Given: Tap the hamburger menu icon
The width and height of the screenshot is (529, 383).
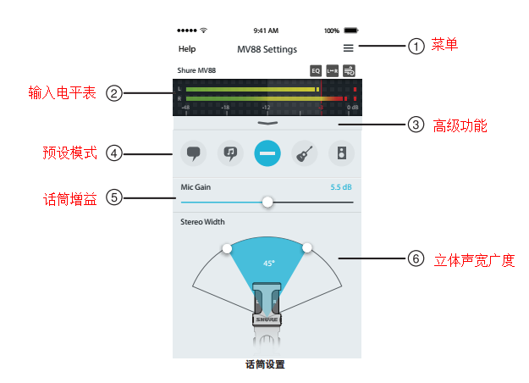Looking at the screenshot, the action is [348, 48].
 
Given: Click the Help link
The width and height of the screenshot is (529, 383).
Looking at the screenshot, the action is [187, 49].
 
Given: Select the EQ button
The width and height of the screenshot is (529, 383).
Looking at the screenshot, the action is [316, 71].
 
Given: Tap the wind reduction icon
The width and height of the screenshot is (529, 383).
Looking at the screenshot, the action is [350, 71].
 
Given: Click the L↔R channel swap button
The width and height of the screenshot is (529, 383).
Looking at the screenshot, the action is [333, 71].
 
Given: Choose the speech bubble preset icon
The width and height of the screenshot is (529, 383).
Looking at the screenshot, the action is [193, 153].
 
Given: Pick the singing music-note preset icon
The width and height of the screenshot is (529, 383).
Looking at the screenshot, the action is [230, 153].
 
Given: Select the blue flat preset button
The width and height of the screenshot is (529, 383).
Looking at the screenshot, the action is [267, 153].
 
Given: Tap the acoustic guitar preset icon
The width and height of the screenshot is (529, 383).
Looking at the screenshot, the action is [305, 153].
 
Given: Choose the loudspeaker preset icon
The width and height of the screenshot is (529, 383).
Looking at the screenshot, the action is [341, 153].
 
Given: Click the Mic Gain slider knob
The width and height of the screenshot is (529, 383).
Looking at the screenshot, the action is [267, 202].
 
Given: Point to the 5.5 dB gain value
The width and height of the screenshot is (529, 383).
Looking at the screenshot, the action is [341, 187].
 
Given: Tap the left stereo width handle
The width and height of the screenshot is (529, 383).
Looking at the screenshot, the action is [227, 248].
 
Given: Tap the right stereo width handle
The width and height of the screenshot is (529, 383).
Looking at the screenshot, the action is [307, 248].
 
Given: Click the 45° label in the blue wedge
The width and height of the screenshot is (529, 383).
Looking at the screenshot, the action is [269, 264].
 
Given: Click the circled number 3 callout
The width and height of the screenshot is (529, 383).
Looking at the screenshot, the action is [416, 125].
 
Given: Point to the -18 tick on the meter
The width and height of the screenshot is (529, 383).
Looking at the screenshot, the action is [225, 108].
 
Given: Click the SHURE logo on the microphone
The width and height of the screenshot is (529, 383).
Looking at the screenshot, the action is [267, 319].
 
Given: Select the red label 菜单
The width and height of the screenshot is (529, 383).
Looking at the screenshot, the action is [444, 45].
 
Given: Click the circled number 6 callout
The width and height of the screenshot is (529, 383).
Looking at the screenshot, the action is [416, 258].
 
